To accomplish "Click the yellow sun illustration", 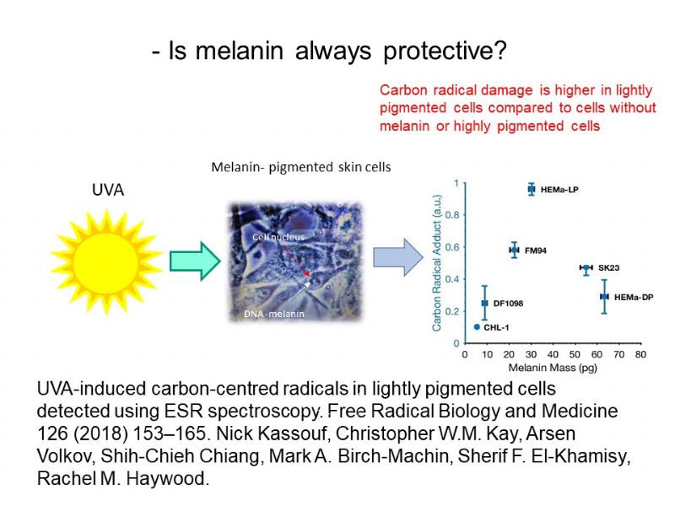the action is point(105,262).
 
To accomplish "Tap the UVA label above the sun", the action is point(108,190).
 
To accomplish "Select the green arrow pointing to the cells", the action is point(195,261).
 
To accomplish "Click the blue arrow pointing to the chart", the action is point(398,257).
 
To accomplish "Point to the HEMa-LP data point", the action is point(532,189).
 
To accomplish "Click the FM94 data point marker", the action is point(514,250).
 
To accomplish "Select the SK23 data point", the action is point(586,268).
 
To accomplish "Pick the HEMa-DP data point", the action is point(604,297).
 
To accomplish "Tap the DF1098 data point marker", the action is point(484,303).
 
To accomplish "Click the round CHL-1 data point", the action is point(477,327).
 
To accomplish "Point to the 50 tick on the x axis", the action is point(575,354).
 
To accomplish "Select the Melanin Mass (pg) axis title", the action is point(553,368).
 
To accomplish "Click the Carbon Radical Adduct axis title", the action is point(436,263).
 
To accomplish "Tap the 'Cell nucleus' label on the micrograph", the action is point(278,237).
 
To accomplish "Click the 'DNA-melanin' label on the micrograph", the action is point(273,314).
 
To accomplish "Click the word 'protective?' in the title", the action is point(445,51).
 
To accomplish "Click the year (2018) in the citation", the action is point(101,433).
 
